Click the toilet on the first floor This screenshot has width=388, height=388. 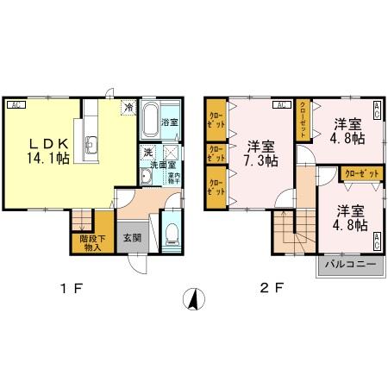170,232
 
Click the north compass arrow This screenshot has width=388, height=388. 195,300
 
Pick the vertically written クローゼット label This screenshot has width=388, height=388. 304,117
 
